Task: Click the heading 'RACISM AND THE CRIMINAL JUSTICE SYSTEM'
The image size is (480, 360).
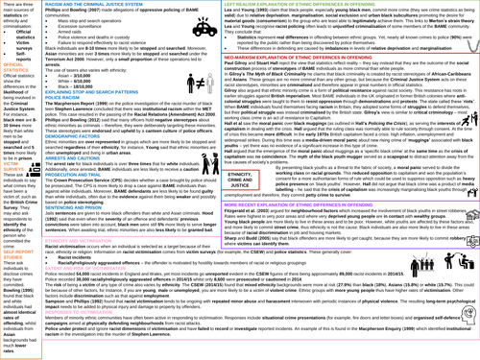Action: tap(108, 6)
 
